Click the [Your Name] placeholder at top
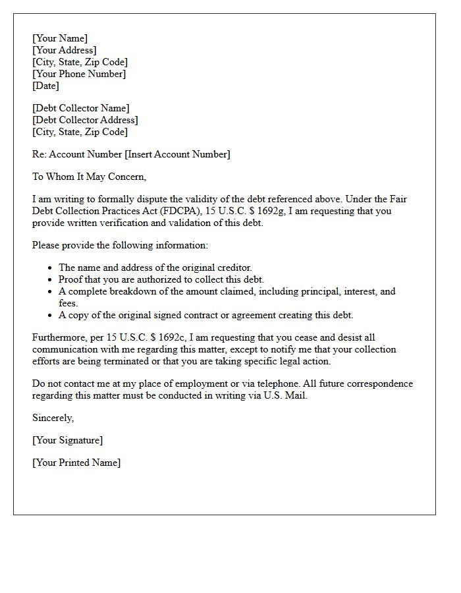tap(60, 38)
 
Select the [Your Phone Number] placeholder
tap(79, 74)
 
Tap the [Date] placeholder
tap(45, 86)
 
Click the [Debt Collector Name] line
tap(81, 108)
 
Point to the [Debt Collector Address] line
tap(85, 120)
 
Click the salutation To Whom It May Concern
tap(89, 177)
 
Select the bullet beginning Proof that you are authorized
tap(161, 279)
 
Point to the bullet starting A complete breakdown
tap(227, 291)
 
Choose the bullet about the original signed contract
tap(205, 315)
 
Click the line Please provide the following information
tap(120, 245)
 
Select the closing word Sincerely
tap(53, 418)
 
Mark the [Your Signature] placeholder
tap(67, 440)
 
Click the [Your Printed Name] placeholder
tap(76, 463)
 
